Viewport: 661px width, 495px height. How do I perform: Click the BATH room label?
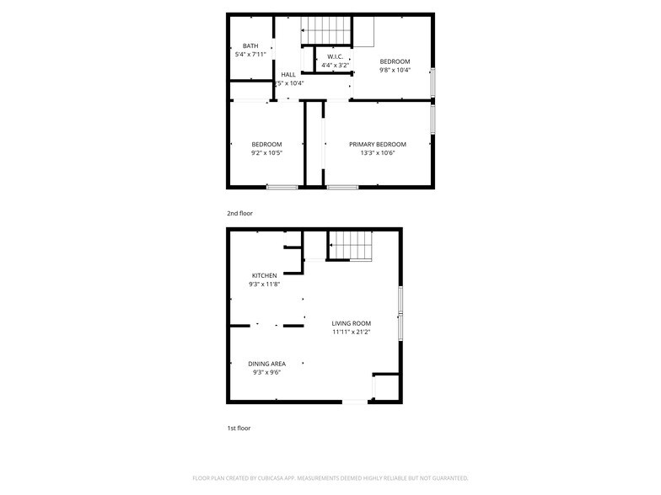pos(250,45)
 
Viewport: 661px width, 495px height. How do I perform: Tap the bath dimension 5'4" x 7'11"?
pos(250,55)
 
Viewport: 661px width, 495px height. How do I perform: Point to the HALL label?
pos(288,74)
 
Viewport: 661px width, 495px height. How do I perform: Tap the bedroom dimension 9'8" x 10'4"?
pos(394,70)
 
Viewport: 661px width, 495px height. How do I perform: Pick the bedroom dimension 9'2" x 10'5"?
pos(266,153)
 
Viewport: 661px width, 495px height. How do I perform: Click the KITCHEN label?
pos(264,275)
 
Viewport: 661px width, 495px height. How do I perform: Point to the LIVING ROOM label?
pos(351,323)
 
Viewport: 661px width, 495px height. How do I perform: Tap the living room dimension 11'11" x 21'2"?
pos(351,332)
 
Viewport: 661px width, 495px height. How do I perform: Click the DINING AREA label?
pos(266,364)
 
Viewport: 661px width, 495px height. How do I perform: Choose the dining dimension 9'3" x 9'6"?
pos(266,372)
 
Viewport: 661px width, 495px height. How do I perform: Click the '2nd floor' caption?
pos(239,214)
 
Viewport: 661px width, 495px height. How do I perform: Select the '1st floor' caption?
pos(239,428)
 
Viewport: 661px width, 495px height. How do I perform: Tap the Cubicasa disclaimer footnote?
pos(330,477)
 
